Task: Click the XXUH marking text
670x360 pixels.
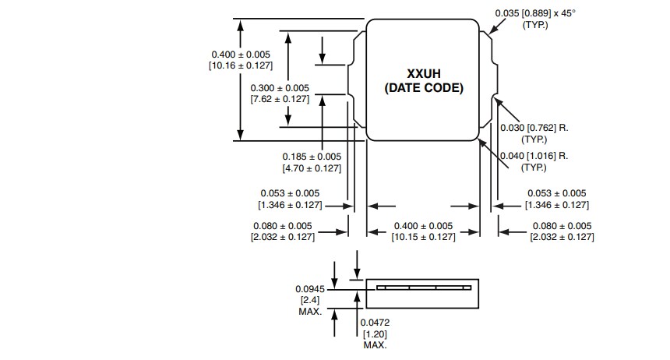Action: [x=424, y=73]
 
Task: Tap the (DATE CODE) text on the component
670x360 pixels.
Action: [x=424, y=88]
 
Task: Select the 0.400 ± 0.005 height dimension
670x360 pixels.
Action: [x=242, y=54]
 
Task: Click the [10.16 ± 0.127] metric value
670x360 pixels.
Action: [x=242, y=65]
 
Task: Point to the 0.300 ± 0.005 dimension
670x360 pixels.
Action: [x=280, y=87]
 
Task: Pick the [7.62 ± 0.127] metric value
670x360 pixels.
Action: [x=280, y=99]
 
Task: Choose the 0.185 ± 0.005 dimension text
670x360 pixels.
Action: [x=312, y=156]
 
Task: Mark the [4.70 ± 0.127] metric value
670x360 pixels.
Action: [x=312, y=168]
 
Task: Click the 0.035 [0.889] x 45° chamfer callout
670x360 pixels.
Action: [x=535, y=13]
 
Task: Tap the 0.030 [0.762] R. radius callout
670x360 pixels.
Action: [x=534, y=128]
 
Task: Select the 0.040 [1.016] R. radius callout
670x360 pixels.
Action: [x=534, y=156]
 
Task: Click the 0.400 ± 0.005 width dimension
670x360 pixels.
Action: [x=424, y=225]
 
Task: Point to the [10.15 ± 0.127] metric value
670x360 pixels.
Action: [x=424, y=237]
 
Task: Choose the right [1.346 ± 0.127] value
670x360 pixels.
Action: [x=557, y=205]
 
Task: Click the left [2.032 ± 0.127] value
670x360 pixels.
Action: [x=282, y=237]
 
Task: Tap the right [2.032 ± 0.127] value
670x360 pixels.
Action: [x=562, y=237]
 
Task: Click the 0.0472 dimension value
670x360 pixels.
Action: [x=375, y=322]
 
